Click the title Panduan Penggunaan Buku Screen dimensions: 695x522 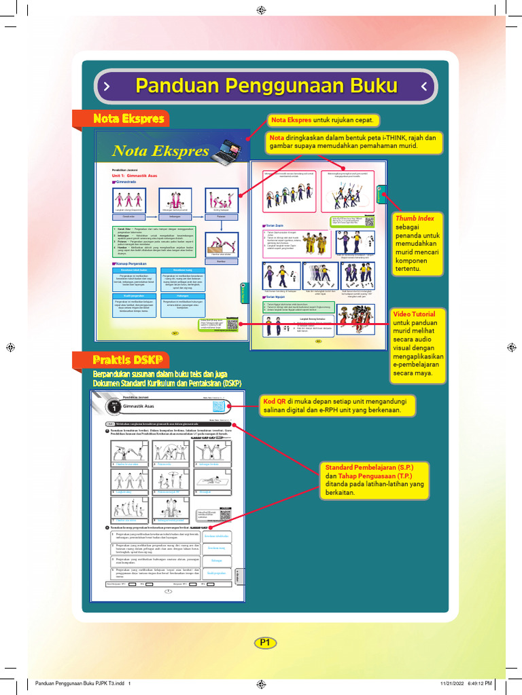tap(266, 86)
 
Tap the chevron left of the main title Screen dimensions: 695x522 tap(106, 86)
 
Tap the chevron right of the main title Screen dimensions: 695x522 tap(424, 86)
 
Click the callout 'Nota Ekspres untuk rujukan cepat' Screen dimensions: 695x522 tap(321, 120)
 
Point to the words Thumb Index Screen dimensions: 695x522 tap(415, 218)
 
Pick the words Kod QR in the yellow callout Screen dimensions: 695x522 tap(275, 401)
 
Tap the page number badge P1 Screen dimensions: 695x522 tap(265, 642)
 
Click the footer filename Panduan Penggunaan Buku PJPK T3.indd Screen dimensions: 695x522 tap(76, 683)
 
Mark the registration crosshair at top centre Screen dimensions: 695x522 tap(261, 9)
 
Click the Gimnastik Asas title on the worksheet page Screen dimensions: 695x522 tap(138, 405)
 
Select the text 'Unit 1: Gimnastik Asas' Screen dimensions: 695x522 tap(135, 174)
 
